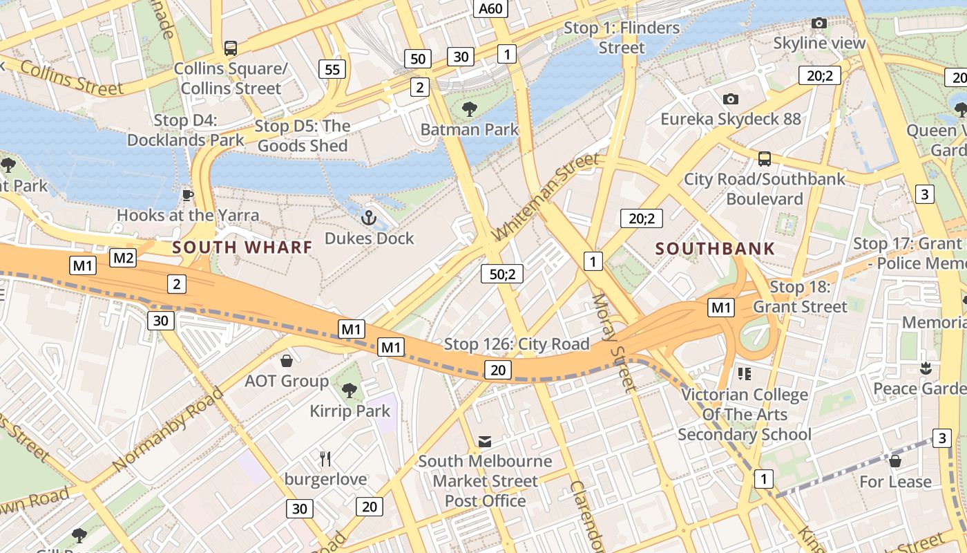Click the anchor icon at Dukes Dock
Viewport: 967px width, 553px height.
tap(369, 218)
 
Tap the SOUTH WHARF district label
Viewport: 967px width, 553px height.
tap(242, 247)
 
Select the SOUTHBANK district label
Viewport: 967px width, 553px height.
tap(715, 248)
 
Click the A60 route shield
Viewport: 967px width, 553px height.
tap(491, 8)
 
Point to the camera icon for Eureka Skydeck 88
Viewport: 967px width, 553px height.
tap(730, 100)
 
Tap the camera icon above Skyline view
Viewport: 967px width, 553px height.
tap(819, 24)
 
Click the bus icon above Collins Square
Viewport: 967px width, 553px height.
tap(231, 48)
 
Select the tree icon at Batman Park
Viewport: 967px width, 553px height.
tap(470, 109)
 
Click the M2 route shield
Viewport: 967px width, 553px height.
tap(123, 259)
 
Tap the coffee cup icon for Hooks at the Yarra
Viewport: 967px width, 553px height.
tap(187, 195)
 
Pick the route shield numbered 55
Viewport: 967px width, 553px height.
tap(332, 68)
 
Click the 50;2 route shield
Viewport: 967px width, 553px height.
tap(502, 274)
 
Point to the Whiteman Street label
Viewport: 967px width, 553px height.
tap(546, 197)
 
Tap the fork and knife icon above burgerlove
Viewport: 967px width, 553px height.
tap(325, 458)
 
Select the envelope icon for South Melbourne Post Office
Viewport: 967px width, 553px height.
tap(485, 441)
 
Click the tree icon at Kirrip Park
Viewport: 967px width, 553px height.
tap(350, 391)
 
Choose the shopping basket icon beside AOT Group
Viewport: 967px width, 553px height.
tap(287, 361)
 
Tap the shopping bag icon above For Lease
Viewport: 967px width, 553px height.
tap(895, 461)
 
